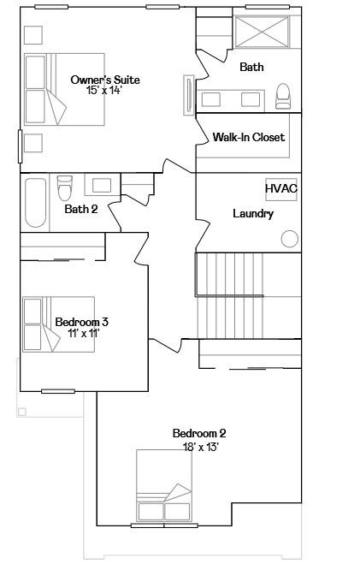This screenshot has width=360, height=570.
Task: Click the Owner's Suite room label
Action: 105,80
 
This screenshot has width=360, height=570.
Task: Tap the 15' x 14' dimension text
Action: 103,90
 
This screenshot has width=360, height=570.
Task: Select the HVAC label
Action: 280,188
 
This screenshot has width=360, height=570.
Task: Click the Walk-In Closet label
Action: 249,137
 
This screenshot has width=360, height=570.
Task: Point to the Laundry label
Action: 253,213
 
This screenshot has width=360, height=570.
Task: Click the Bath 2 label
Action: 81,209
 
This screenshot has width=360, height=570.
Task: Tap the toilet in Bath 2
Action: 65,187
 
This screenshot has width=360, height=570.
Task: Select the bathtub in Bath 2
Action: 36,202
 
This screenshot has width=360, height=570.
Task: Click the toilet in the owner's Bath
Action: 283,97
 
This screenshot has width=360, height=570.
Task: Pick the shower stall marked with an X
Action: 262,32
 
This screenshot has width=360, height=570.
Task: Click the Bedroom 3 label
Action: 82,322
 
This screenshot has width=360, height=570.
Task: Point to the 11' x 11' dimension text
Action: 84,333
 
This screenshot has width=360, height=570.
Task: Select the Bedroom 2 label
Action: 199,433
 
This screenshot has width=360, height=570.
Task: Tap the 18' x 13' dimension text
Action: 201,447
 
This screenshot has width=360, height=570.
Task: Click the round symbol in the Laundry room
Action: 290,239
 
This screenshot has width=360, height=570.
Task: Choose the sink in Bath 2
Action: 102,186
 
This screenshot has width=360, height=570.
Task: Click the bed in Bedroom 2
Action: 164,485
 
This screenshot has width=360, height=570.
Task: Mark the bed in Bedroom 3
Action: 59,324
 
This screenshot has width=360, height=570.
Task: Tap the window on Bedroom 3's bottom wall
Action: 58,391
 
